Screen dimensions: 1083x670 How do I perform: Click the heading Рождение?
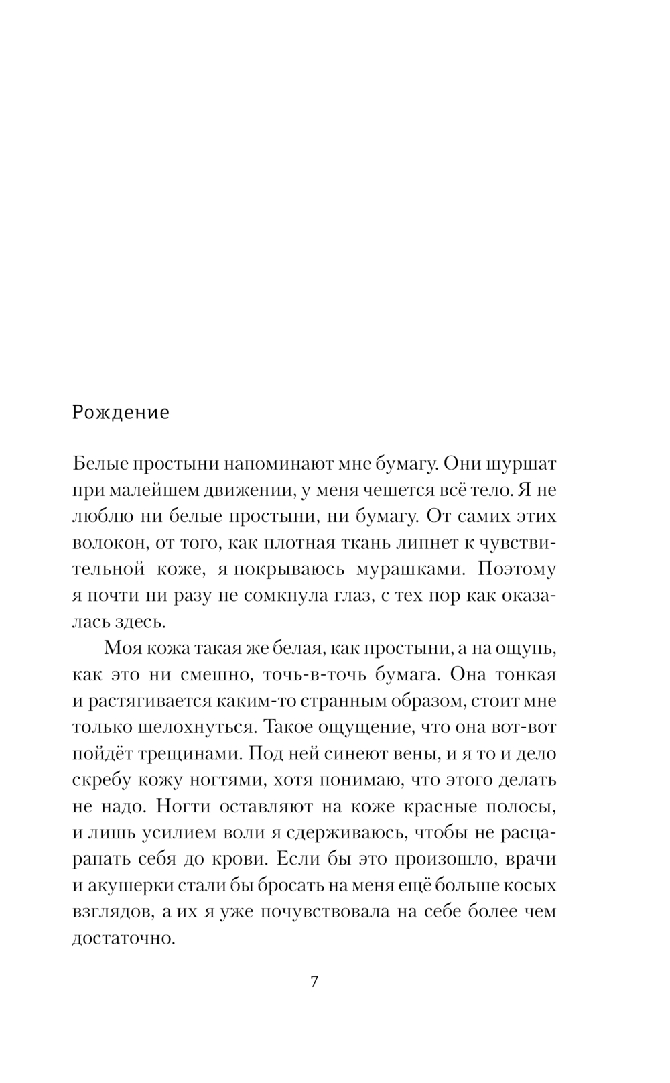(121, 412)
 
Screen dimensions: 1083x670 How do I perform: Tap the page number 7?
(314, 983)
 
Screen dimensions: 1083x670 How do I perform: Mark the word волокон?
(102, 543)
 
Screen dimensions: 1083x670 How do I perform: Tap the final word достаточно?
(123, 938)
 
